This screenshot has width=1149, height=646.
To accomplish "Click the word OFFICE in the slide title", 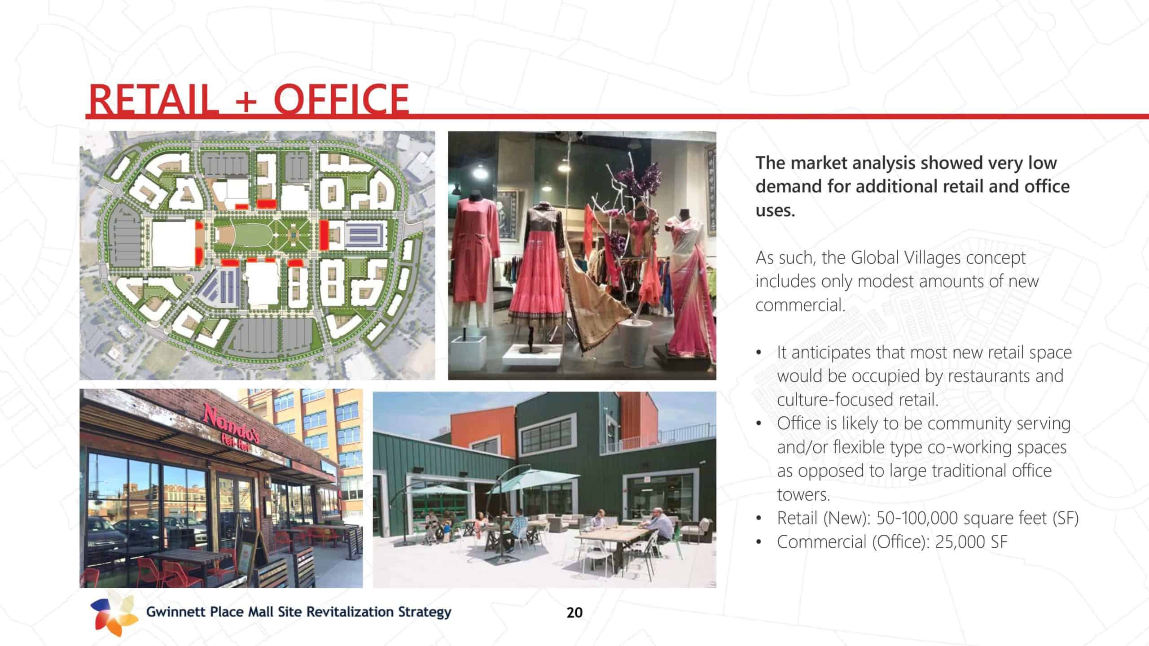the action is point(341,99).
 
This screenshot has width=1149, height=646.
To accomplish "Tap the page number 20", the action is point(574,612).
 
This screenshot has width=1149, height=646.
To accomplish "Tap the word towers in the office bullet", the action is point(804,495).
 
